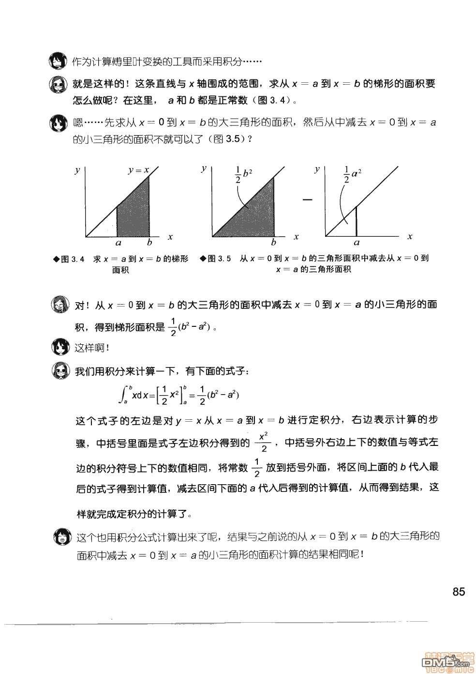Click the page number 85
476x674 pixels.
(x=458, y=592)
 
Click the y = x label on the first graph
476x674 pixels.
(x=138, y=170)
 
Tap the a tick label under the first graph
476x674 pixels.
(x=118, y=243)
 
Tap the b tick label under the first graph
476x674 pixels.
(x=149, y=243)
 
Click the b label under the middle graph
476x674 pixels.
(x=273, y=243)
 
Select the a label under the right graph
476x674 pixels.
(x=357, y=243)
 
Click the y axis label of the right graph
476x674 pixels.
(x=317, y=169)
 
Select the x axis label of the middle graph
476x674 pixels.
(x=296, y=237)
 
